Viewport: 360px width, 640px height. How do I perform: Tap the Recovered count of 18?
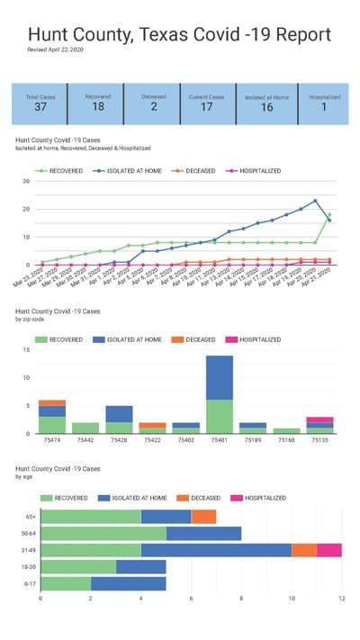[97, 107]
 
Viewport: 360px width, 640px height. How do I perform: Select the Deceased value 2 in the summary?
[153, 107]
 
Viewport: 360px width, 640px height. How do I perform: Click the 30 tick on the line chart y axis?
[27, 181]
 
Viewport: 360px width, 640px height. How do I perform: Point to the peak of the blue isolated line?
[315, 201]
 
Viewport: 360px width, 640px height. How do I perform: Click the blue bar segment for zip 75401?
[220, 377]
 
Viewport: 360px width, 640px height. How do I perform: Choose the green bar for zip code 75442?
[85, 428]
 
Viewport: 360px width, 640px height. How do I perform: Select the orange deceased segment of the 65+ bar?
[203, 517]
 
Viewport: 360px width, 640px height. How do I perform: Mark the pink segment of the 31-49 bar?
[328, 550]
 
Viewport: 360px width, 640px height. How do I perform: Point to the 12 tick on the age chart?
[341, 599]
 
